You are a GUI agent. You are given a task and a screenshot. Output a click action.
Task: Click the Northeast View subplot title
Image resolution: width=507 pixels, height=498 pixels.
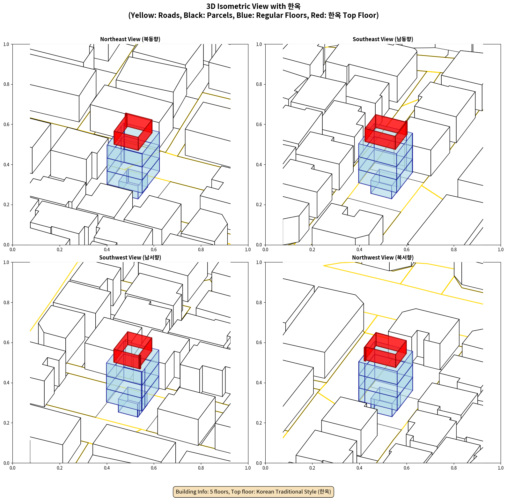pyautogui.click(x=130, y=39)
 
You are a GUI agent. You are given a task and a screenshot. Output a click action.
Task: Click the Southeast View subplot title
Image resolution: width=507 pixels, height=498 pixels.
pyautogui.click(x=383, y=39)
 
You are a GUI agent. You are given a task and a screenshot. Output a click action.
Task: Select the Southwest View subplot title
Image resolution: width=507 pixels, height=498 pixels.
pyautogui.click(x=130, y=257)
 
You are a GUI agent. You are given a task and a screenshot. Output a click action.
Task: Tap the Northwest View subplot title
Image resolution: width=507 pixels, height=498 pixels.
pyautogui.click(x=383, y=257)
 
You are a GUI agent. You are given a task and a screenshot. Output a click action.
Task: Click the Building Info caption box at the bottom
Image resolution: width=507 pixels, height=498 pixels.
pyautogui.click(x=253, y=492)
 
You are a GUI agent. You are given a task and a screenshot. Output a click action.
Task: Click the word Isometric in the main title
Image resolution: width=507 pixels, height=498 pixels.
pyautogui.click(x=236, y=6)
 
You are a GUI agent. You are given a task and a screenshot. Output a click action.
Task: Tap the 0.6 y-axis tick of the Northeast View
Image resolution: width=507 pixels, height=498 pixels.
pyautogui.click(x=6, y=124)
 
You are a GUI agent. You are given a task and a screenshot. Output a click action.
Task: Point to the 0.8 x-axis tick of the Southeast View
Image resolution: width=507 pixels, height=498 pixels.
pyautogui.click(x=454, y=250)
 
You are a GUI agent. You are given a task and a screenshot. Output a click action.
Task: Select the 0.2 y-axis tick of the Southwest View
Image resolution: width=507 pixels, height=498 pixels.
pyautogui.click(x=6, y=423)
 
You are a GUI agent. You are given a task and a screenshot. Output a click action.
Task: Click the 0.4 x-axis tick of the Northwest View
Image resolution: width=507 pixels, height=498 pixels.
pyautogui.click(x=359, y=468)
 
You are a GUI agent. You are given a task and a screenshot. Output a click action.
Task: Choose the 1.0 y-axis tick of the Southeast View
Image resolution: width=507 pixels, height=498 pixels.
pyautogui.click(x=259, y=44)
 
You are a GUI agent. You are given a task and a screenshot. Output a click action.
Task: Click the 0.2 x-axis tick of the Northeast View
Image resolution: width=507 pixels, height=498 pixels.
pyautogui.click(x=60, y=250)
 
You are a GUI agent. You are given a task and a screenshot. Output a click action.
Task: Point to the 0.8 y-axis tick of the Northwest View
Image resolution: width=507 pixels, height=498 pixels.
pyautogui.click(x=259, y=303)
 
